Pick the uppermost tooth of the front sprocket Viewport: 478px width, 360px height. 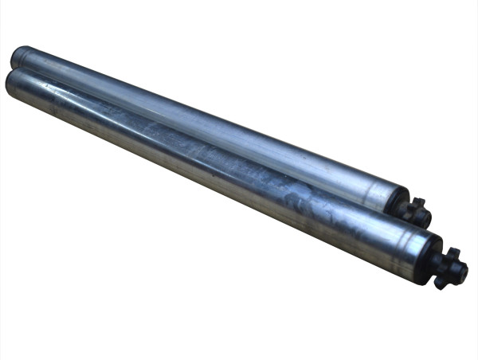451,252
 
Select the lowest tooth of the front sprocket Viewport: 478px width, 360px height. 440,285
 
